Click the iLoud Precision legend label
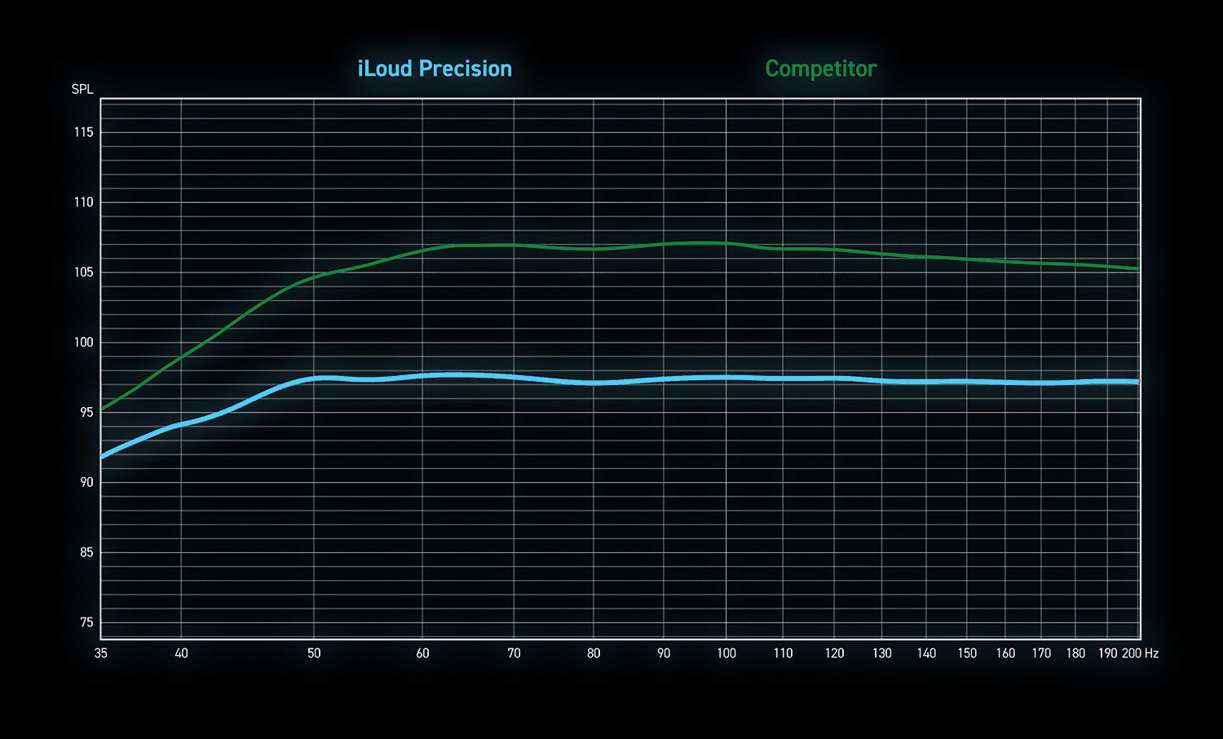click(x=435, y=69)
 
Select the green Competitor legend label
click(x=820, y=69)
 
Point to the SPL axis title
click(x=82, y=90)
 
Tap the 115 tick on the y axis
click(x=84, y=132)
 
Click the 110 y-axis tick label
click(x=84, y=202)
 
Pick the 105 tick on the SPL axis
click(x=84, y=272)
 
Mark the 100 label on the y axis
click(x=84, y=343)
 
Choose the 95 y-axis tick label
click(x=86, y=413)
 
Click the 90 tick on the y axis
click(x=86, y=482)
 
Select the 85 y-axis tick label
click(x=86, y=552)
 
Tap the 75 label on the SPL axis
click(x=86, y=622)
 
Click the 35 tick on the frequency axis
click(x=101, y=653)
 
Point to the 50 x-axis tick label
click(x=314, y=653)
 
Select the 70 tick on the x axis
click(x=514, y=653)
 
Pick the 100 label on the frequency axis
click(x=726, y=653)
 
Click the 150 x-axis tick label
click(x=967, y=653)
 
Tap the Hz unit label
click(x=1151, y=653)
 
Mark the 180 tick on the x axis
click(x=1075, y=653)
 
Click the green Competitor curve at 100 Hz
click(x=726, y=243)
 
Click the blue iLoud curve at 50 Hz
click(x=314, y=378)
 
